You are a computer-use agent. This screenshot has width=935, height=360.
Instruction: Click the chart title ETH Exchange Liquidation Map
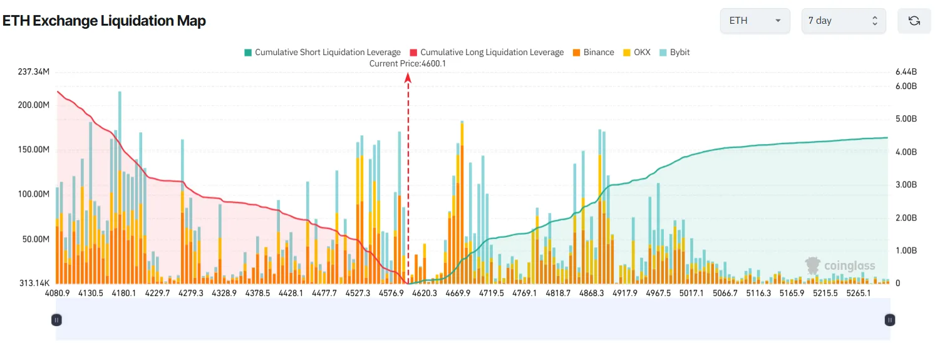click(x=104, y=21)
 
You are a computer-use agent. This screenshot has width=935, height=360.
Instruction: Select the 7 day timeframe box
click(x=843, y=21)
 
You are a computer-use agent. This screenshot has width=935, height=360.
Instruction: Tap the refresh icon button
click(x=914, y=21)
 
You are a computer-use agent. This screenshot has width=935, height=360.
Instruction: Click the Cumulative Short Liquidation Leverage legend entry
click(x=322, y=53)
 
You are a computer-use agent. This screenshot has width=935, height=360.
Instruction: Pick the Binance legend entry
click(x=593, y=53)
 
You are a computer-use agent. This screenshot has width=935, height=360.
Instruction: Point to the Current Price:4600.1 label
click(x=407, y=63)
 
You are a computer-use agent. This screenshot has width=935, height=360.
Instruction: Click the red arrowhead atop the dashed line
click(x=408, y=78)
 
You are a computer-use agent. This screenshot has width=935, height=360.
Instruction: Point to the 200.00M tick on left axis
click(x=34, y=105)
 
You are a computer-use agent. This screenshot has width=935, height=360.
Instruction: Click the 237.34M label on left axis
click(x=34, y=72)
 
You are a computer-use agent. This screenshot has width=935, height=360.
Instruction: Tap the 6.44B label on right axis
click(x=906, y=72)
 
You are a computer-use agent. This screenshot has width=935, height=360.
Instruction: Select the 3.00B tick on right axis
click(x=906, y=185)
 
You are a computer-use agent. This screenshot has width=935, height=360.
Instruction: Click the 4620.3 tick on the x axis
click(x=425, y=293)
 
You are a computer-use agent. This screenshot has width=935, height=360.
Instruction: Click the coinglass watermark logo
click(x=840, y=265)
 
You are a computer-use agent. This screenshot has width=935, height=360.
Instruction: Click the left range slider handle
click(x=56, y=320)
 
